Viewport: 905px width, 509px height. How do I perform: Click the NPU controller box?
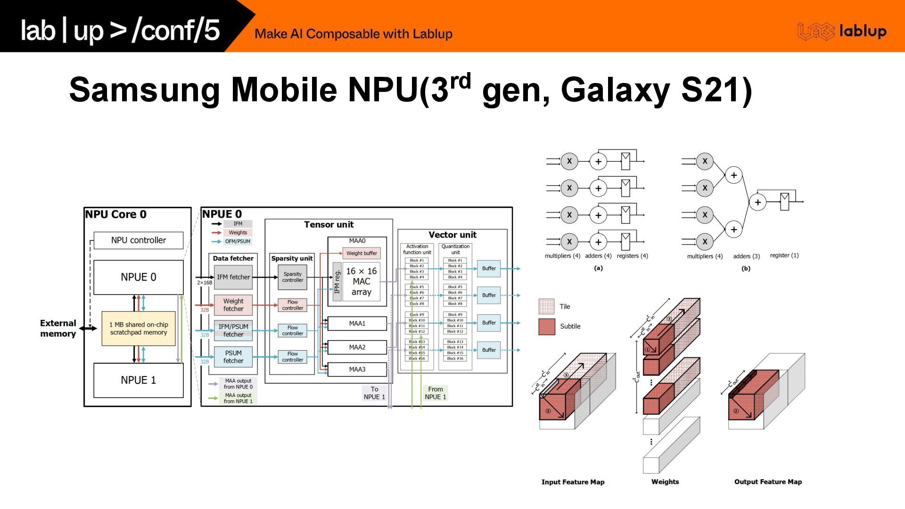pyautogui.click(x=138, y=240)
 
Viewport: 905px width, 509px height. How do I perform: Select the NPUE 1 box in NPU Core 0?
pyautogui.click(x=138, y=380)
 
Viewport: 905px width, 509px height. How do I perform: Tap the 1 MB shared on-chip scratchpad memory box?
pyautogui.click(x=139, y=328)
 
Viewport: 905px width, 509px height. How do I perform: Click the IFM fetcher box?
pyautogui.click(x=233, y=277)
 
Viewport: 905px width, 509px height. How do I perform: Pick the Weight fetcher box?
pyautogui.click(x=233, y=305)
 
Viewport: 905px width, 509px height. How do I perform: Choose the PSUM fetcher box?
pyautogui.click(x=233, y=357)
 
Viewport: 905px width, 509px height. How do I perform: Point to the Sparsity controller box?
pyautogui.click(x=292, y=277)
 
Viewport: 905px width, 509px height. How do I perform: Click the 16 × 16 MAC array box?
pyautogui.click(x=361, y=281)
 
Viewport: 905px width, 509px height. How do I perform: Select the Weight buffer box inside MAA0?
pyautogui.click(x=362, y=253)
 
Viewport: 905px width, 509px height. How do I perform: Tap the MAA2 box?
pyautogui.click(x=357, y=347)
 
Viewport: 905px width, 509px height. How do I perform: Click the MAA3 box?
pyautogui.click(x=357, y=369)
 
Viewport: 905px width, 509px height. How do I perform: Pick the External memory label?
pyautogui.click(x=58, y=328)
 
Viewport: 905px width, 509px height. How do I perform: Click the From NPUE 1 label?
pyautogui.click(x=435, y=393)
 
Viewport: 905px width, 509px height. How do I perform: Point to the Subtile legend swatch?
pyautogui.click(x=547, y=327)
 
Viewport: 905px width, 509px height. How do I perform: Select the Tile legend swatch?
pyautogui.click(x=547, y=306)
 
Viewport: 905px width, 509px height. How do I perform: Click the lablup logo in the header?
pyautogui.click(x=842, y=32)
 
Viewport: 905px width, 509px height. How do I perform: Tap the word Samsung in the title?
pyautogui.click(x=144, y=90)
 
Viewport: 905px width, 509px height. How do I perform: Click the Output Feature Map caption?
pyautogui.click(x=768, y=482)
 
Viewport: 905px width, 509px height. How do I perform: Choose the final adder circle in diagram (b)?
pyautogui.click(x=757, y=202)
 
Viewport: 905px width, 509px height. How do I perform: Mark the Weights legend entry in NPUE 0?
pyautogui.click(x=238, y=232)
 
